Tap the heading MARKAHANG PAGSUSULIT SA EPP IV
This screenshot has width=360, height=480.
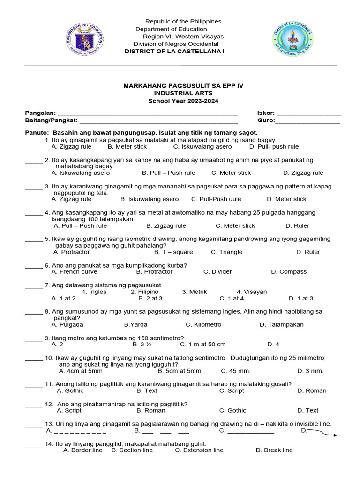coord(183,86)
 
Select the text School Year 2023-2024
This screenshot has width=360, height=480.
coord(183,101)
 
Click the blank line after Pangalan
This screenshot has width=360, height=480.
coord(147,114)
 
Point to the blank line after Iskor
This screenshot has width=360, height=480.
coord(309,114)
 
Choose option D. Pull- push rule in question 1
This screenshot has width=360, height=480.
coord(274,147)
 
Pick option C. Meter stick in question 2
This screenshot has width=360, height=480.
coord(231,173)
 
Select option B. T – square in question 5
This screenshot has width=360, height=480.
coord(173,252)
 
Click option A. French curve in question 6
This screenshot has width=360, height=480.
coord(75,272)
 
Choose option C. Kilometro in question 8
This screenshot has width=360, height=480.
coord(203,324)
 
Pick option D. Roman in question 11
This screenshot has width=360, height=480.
coord(312,390)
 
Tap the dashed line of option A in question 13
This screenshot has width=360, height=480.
coord(79,431)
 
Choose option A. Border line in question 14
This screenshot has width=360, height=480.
coord(82,450)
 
